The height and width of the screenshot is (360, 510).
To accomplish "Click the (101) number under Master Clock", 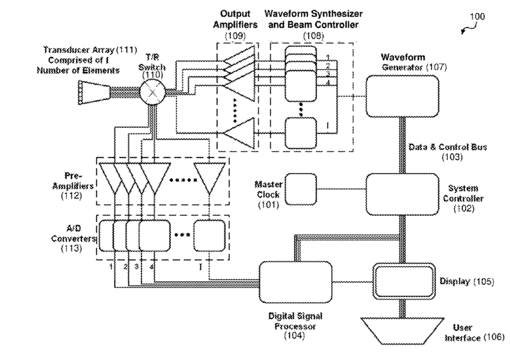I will pos(266,206).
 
